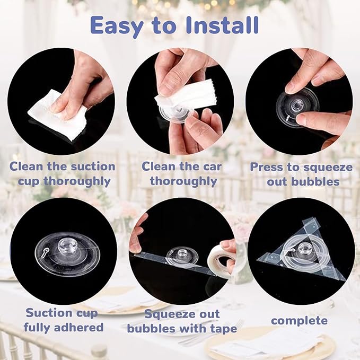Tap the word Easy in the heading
117,27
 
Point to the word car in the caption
210,166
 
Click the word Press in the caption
266,167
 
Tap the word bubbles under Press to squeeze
315,182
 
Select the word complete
299,321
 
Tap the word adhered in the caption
80,327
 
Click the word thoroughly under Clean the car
183,181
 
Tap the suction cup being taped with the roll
182,256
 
